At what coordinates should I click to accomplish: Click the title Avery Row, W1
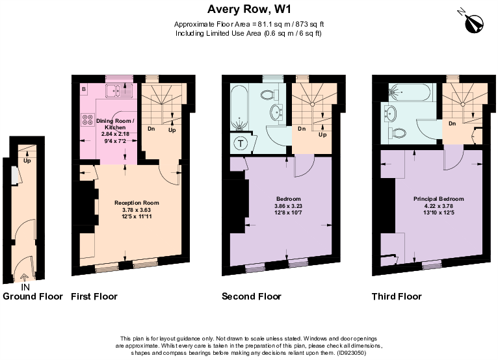(248, 9)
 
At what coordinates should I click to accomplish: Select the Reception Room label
(137, 203)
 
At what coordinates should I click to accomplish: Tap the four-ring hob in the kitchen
(86, 120)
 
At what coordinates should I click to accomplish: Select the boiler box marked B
(84, 88)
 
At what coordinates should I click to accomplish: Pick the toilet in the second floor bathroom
(267, 95)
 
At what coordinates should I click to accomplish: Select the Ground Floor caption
(33, 296)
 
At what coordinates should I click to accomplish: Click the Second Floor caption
(252, 296)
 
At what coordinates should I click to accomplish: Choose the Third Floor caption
(397, 296)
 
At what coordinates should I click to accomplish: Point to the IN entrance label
(25, 287)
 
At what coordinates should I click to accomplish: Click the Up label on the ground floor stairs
(27, 161)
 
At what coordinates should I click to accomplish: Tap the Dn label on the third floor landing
(451, 123)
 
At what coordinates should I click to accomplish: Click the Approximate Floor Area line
(248, 24)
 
